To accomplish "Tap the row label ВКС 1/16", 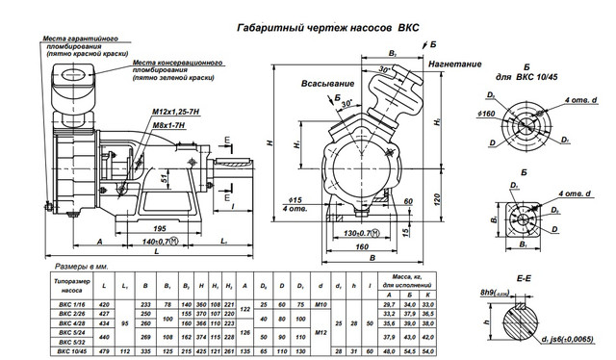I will coord(69,302).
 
